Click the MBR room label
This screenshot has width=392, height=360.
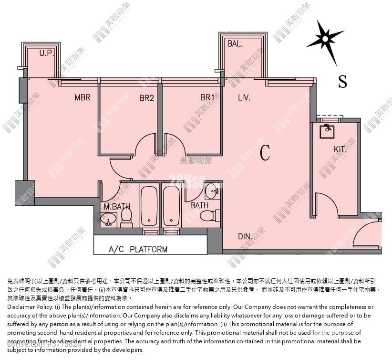tap(83, 98)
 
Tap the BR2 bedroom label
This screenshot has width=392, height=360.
tap(146, 98)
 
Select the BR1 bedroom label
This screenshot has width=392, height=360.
tap(207, 98)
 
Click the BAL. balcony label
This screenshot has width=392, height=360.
tap(235, 44)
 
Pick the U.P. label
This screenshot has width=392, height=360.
tap(46, 53)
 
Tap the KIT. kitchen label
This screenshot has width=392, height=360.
tap(340, 149)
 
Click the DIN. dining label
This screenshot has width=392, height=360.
tap(245, 236)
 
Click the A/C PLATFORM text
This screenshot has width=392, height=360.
tap(138, 249)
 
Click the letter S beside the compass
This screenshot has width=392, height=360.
tap(342, 82)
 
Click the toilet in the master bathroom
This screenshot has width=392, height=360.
tap(127, 217)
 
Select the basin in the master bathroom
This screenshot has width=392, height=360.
tap(108, 220)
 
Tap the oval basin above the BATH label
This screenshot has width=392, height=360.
tap(212, 192)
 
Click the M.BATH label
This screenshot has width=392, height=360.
tap(117, 207)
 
